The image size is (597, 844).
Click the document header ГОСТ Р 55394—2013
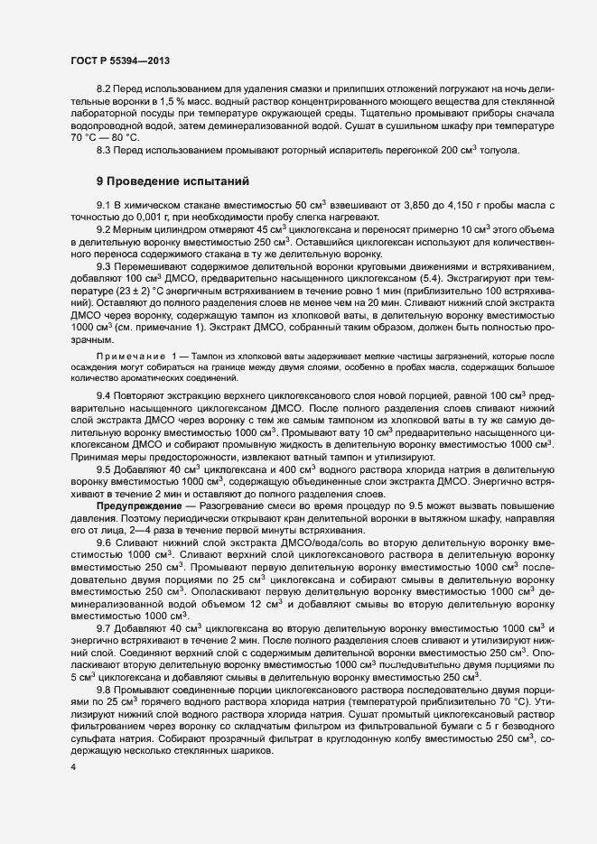pyautogui.click(x=120, y=60)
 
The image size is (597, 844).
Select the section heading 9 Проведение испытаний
pyautogui.click(x=160, y=181)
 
